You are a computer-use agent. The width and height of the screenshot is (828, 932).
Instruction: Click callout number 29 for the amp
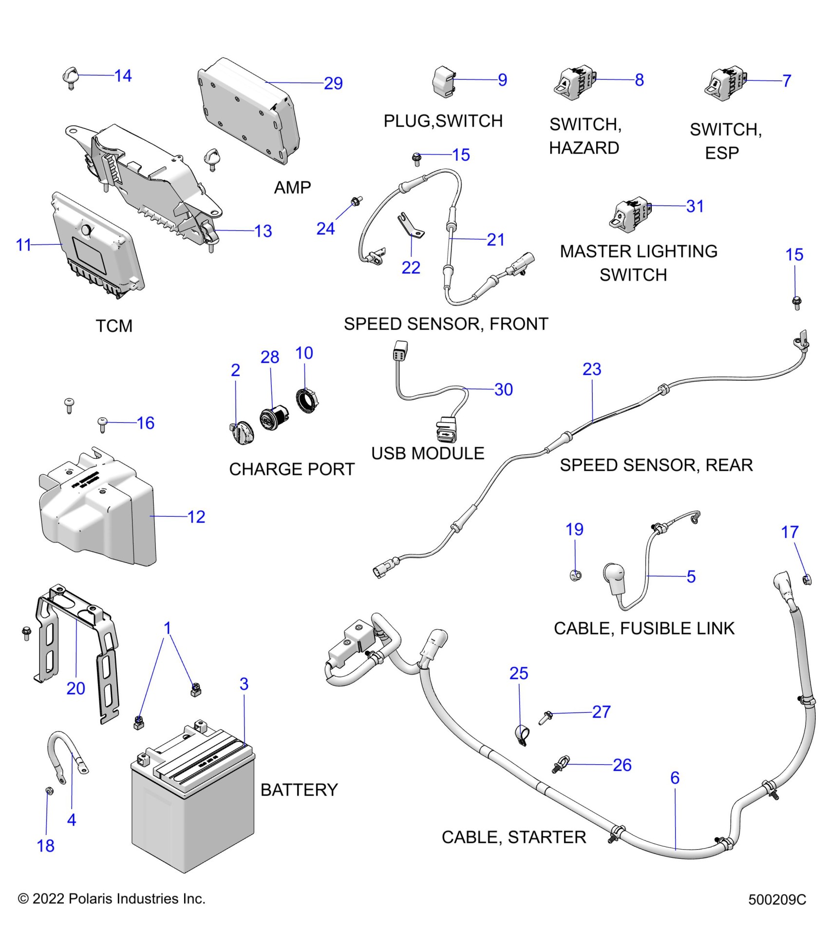pyautogui.click(x=333, y=83)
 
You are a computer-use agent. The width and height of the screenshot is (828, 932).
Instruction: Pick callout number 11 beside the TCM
pyautogui.click(x=23, y=245)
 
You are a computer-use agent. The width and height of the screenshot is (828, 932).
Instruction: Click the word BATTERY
pyautogui.click(x=299, y=790)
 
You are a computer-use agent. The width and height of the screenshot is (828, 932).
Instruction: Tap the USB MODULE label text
pyautogui.click(x=428, y=453)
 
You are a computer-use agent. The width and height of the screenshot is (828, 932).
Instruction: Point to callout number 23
pyautogui.click(x=592, y=369)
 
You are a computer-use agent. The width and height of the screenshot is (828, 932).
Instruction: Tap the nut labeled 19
pyautogui.click(x=575, y=575)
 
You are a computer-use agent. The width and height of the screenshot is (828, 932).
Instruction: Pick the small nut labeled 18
pyautogui.click(x=49, y=790)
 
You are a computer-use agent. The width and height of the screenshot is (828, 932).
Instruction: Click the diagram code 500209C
pyautogui.click(x=777, y=899)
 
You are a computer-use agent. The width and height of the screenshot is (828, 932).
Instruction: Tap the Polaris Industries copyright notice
pyautogui.click(x=112, y=898)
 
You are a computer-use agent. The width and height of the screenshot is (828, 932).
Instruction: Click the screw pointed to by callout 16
pyautogui.click(x=103, y=424)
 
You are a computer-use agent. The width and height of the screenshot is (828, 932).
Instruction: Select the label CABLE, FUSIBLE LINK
pyautogui.click(x=644, y=628)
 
